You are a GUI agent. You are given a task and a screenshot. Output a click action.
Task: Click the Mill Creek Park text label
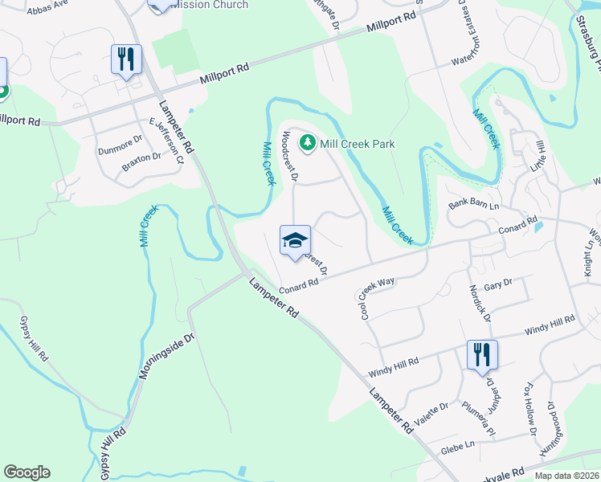pyautogui.click(x=358, y=144)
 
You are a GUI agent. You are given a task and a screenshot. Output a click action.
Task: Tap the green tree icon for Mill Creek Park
pyautogui.click(x=306, y=144)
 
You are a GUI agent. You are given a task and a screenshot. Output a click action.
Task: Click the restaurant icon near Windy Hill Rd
pyautogui.click(x=482, y=355)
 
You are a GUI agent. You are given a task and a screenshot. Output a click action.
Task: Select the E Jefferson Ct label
pyautogui.click(x=168, y=140)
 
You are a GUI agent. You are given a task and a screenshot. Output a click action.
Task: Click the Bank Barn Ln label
pyautogui.click(x=474, y=206)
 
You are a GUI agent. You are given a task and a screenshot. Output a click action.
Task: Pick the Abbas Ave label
pyautogui.click(x=48, y=10)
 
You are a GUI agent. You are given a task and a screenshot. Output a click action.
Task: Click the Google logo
pyautogui.click(x=27, y=472)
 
